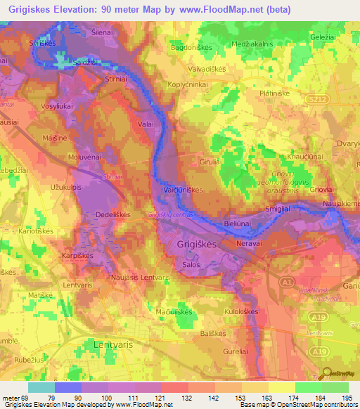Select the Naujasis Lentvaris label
tap(141, 278)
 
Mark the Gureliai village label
tap(239, 349)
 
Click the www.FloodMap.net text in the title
tap(226, 9)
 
